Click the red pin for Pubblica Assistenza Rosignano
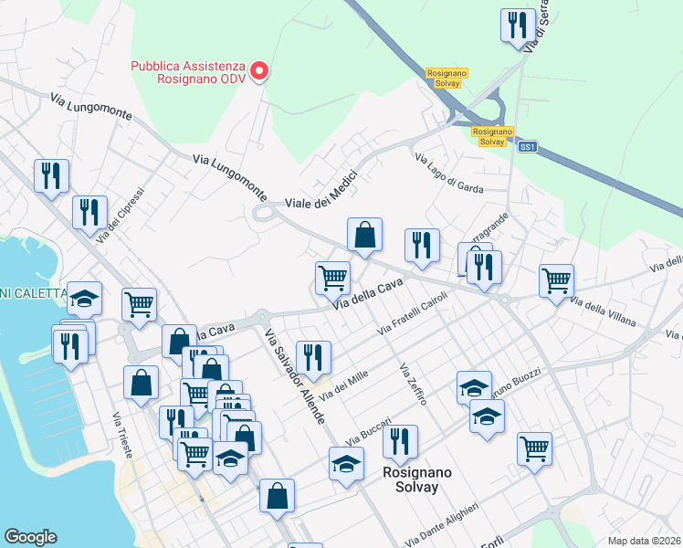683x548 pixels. pos(259,70)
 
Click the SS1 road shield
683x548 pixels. pos(527,146)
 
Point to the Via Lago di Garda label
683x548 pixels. pos(448,174)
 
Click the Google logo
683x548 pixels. pos(30,537)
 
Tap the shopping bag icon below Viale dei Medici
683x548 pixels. pos(364,235)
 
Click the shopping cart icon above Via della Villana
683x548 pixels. pos(556,280)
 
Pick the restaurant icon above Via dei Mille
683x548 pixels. pos(313,358)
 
